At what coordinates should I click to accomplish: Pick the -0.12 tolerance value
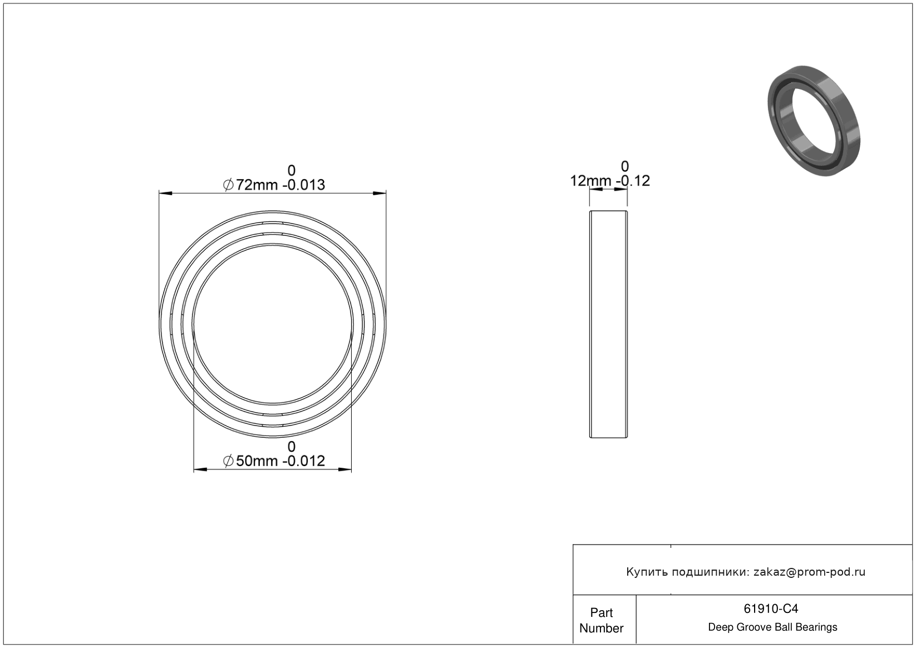tap(634, 181)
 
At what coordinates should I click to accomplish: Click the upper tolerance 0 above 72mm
tap(291, 170)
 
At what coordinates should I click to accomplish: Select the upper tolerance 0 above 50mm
tap(291, 446)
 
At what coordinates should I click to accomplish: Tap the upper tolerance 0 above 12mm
tap(624, 166)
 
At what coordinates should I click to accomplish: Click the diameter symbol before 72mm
tap(228, 185)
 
